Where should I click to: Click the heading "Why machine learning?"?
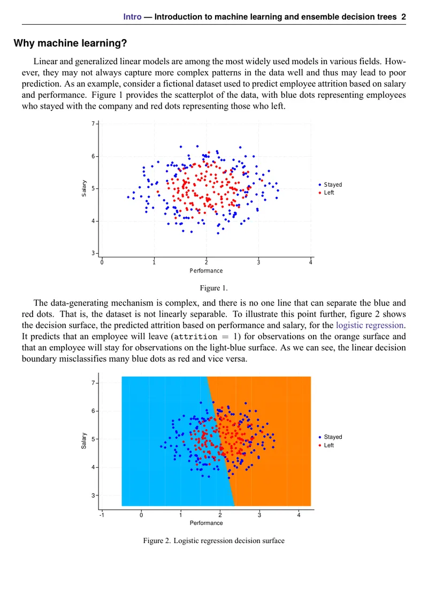coord(70,43)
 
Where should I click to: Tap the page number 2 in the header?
coord(403,17)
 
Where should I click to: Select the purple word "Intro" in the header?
coord(132,17)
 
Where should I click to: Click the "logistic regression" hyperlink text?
coord(370,325)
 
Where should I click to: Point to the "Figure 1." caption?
coord(213,288)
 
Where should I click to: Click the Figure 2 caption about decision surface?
coord(213,540)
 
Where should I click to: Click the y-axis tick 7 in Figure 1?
coord(93,124)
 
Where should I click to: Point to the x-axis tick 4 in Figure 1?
coord(311,262)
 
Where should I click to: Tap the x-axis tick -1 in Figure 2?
coord(101,515)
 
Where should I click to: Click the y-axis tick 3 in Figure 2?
coord(93,495)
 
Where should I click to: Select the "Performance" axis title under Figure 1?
coord(206,271)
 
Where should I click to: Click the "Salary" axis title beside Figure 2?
coord(83,441)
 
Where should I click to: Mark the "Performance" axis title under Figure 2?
coord(206,523)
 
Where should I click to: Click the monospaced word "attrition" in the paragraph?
coord(195,337)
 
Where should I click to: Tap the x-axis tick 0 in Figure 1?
coord(102,262)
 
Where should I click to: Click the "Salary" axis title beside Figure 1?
coord(83,188)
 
